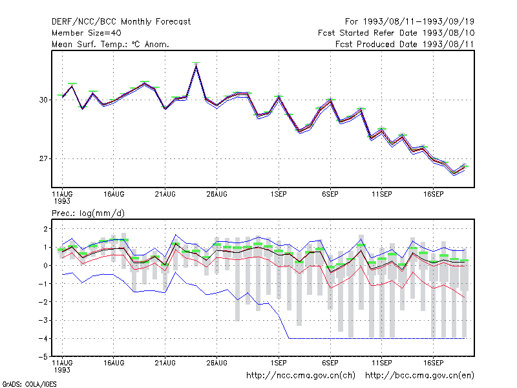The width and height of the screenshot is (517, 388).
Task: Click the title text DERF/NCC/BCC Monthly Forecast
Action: (x=121, y=22)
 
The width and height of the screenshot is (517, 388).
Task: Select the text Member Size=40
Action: (x=87, y=33)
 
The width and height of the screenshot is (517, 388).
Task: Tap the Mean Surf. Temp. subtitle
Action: (x=111, y=44)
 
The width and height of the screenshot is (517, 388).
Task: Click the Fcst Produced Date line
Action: (x=405, y=44)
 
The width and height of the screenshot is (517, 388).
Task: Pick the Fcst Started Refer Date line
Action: (x=396, y=33)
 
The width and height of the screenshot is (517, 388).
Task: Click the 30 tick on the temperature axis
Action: (x=43, y=100)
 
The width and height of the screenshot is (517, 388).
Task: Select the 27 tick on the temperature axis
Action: (x=43, y=158)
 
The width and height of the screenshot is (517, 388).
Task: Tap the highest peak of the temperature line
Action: (x=196, y=65)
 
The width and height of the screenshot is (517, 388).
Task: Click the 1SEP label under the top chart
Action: (x=279, y=194)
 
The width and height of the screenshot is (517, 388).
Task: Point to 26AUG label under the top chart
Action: (x=216, y=194)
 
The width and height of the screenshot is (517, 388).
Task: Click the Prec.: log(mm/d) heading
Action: (x=88, y=213)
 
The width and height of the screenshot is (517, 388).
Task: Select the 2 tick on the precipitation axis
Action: (x=45, y=229)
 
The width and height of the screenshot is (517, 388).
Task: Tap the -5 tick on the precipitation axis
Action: (x=43, y=357)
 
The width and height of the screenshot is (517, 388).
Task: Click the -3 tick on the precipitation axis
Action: (x=43, y=320)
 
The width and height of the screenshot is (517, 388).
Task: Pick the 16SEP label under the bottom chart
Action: (x=433, y=363)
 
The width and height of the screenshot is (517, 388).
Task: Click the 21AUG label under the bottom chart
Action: (x=165, y=363)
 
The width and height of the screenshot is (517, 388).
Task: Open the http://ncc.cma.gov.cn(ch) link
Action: (x=301, y=376)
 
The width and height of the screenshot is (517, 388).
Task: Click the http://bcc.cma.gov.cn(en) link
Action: (x=419, y=376)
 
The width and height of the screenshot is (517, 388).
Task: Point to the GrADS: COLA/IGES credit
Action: (x=29, y=384)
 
